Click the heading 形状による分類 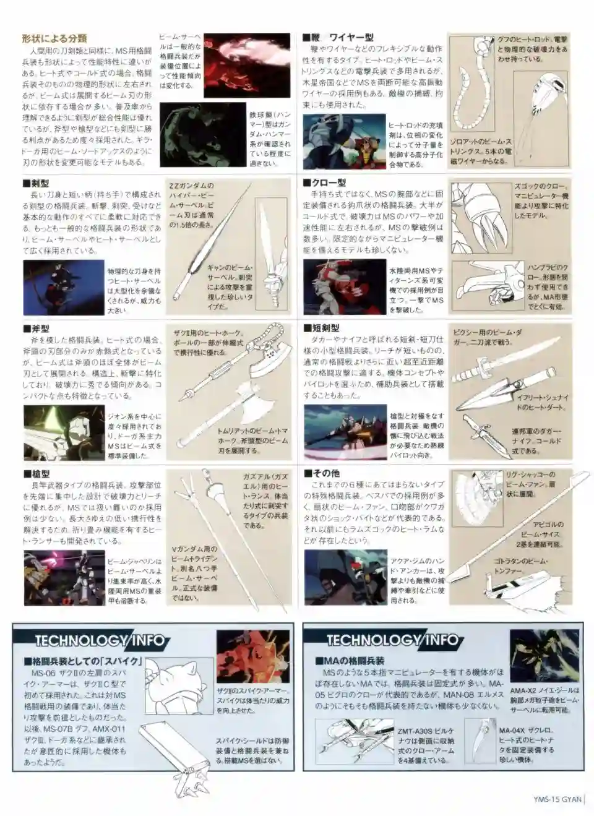click(x=54, y=38)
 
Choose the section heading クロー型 click(x=329, y=183)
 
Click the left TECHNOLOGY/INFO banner click(x=100, y=640)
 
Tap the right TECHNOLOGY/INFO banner click(x=392, y=640)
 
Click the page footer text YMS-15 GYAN click(x=557, y=799)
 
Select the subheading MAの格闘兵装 click(x=353, y=661)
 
